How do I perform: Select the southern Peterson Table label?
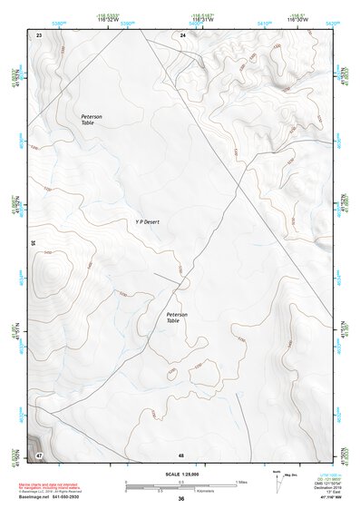click(178, 317)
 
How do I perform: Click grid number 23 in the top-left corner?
click(40, 34)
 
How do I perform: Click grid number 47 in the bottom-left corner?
click(40, 453)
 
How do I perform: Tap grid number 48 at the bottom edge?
click(182, 454)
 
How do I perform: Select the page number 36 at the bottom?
click(181, 499)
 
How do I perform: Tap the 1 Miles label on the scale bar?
click(242, 481)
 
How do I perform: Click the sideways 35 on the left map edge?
click(32, 242)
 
